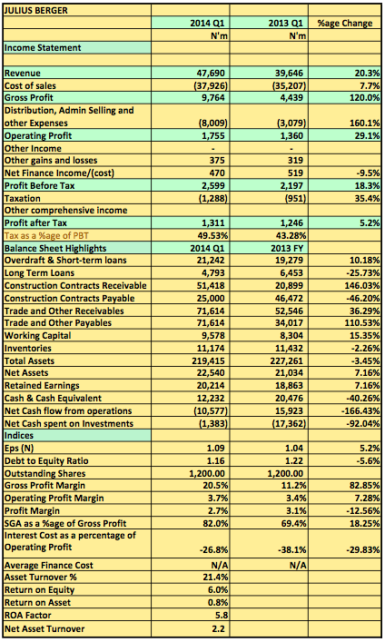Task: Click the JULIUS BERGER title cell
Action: tap(36, 11)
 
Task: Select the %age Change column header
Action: tap(345, 23)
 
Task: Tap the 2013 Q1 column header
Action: tap(286, 23)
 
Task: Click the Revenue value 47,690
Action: tap(211, 74)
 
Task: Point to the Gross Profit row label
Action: tap(29, 97)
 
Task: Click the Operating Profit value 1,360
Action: tap(291, 135)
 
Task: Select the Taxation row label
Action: tap(23, 198)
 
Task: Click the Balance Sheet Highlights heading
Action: tap(55, 248)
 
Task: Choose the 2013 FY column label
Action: tap(287, 248)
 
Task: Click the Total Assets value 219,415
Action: tap(209, 361)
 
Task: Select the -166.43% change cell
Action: tap(360, 410)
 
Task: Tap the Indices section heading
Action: tap(19, 435)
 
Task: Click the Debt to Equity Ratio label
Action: tap(46, 460)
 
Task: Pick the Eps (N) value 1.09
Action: tap(216, 448)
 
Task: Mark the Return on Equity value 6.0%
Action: tap(218, 590)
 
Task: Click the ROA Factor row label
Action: tap(28, 616)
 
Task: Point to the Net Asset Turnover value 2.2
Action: tap(218, 629)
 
